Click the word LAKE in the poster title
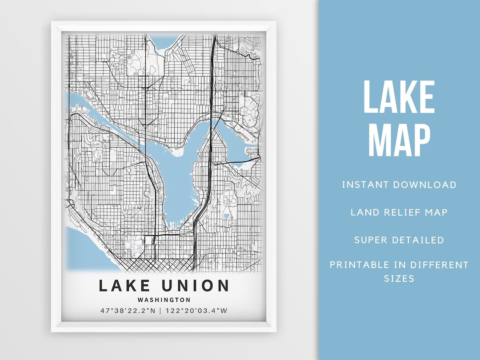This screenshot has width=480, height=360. [126, 285]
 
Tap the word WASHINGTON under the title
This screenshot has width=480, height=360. [164, 300]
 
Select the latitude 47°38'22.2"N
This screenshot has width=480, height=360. [128, 311]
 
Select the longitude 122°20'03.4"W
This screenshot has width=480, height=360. [196, 311]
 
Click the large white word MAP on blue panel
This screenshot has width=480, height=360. [399, 140]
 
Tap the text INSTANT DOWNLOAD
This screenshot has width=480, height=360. [399, 184]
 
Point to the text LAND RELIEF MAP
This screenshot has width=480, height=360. [399, 212]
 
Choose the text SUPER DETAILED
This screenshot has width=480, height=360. [399, 240]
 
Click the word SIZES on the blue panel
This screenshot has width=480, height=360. [399, 279]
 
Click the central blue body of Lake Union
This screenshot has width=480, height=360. [178, 178]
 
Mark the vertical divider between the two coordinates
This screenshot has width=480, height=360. [160, 311]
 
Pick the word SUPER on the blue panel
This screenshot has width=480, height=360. [371, 240]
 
